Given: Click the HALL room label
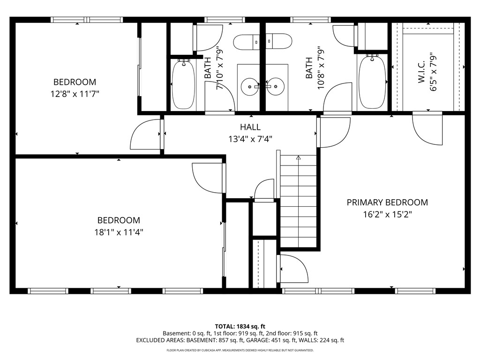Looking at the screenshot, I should point(250,127).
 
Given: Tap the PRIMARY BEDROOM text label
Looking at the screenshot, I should point(387,202).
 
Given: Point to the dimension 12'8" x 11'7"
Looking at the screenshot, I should point(75,93).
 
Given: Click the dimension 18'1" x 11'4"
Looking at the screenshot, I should point(118,232).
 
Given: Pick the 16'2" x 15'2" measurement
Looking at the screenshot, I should point(387,214).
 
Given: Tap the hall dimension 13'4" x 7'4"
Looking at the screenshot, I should point(250,139).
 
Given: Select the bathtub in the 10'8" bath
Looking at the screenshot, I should point(372,82).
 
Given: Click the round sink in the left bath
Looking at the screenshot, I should point(248,87).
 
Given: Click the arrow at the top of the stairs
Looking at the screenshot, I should point(299,158).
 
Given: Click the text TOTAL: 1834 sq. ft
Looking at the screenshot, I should point(240,326).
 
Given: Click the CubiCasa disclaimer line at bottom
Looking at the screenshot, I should point(240,350).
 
